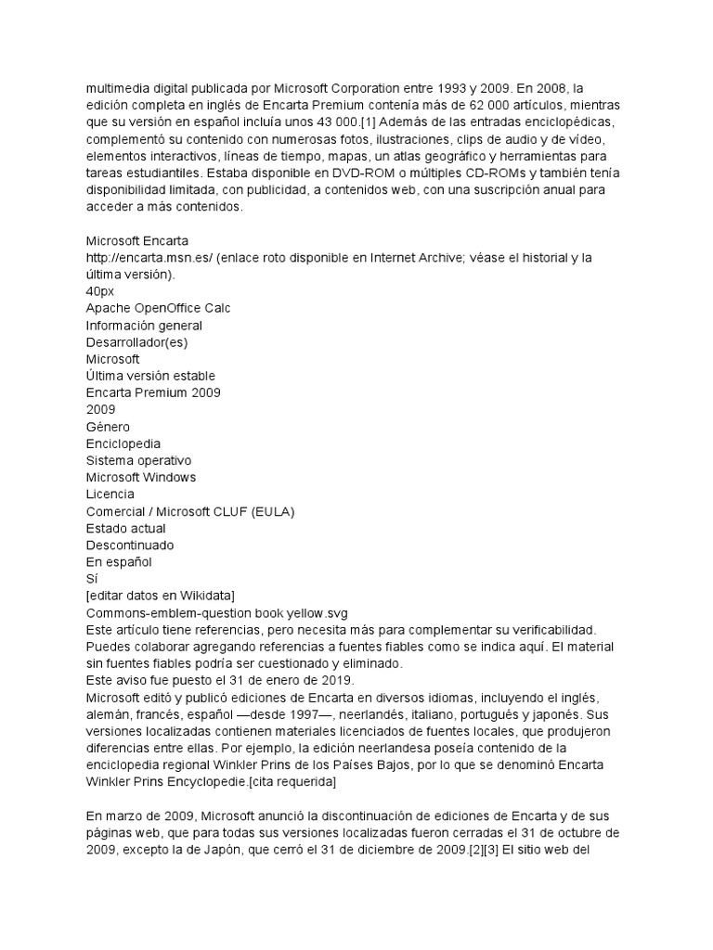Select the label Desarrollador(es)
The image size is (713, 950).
pos(136,341)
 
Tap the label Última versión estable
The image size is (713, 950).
pos(150,376)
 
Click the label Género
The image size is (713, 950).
pos(108,427)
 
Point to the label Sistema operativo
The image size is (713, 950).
pos(138,460)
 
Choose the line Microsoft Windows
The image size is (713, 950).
pos(141,477)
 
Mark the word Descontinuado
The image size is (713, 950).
pos(130,545)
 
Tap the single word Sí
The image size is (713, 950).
pos(92,578)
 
